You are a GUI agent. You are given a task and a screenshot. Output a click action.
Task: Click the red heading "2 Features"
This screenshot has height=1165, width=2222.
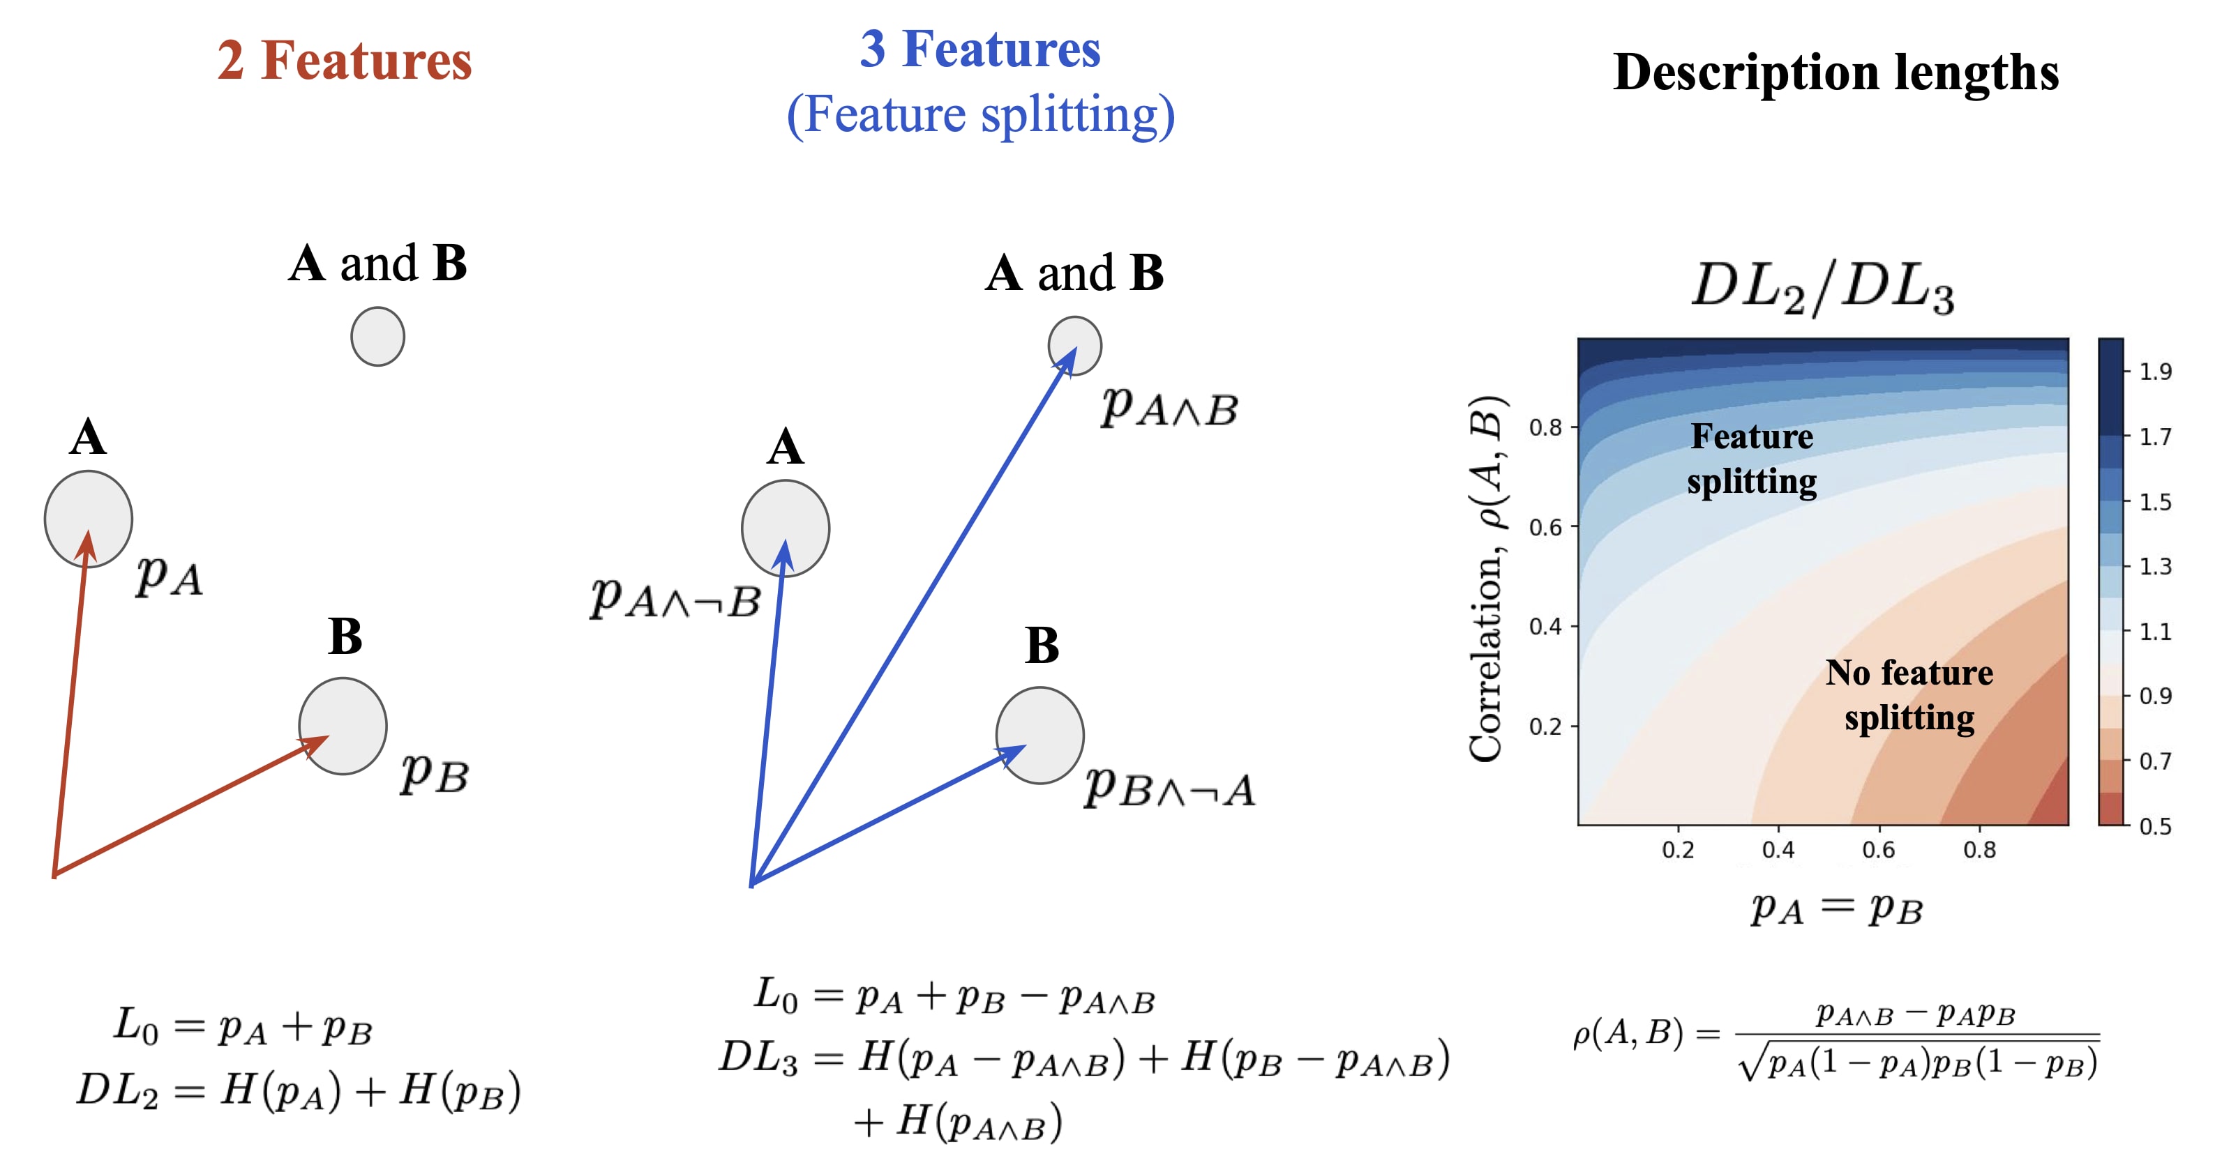344,61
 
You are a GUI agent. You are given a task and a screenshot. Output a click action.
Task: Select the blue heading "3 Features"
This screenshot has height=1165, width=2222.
980,50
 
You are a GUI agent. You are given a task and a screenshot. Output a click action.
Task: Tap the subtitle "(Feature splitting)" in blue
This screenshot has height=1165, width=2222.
980,115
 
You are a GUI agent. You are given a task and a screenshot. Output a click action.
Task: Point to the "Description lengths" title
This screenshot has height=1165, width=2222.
1836,73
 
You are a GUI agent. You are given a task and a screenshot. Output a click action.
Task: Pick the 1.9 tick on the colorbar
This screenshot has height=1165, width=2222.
2155,372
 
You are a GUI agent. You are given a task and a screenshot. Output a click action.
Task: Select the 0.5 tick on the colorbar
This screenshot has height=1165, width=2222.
2155,826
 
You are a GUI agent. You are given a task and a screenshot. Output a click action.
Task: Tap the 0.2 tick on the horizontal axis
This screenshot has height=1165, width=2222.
1678,851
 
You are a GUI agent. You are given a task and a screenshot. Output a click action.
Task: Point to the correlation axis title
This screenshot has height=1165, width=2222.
1487,578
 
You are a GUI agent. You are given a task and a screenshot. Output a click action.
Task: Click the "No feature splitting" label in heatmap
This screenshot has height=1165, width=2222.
1909,695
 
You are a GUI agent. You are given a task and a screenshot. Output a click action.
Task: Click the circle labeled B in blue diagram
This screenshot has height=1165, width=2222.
1039,735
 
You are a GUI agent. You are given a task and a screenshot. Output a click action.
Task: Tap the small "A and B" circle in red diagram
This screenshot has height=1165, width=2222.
378,336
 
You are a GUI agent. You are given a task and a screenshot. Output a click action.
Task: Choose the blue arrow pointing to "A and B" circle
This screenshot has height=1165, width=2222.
915,616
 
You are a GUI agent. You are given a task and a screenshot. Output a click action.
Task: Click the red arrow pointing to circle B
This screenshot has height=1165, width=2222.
190,806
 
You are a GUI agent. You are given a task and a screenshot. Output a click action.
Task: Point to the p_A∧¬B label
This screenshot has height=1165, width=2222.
675,597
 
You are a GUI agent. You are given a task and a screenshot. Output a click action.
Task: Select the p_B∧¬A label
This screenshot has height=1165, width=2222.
1169,786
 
